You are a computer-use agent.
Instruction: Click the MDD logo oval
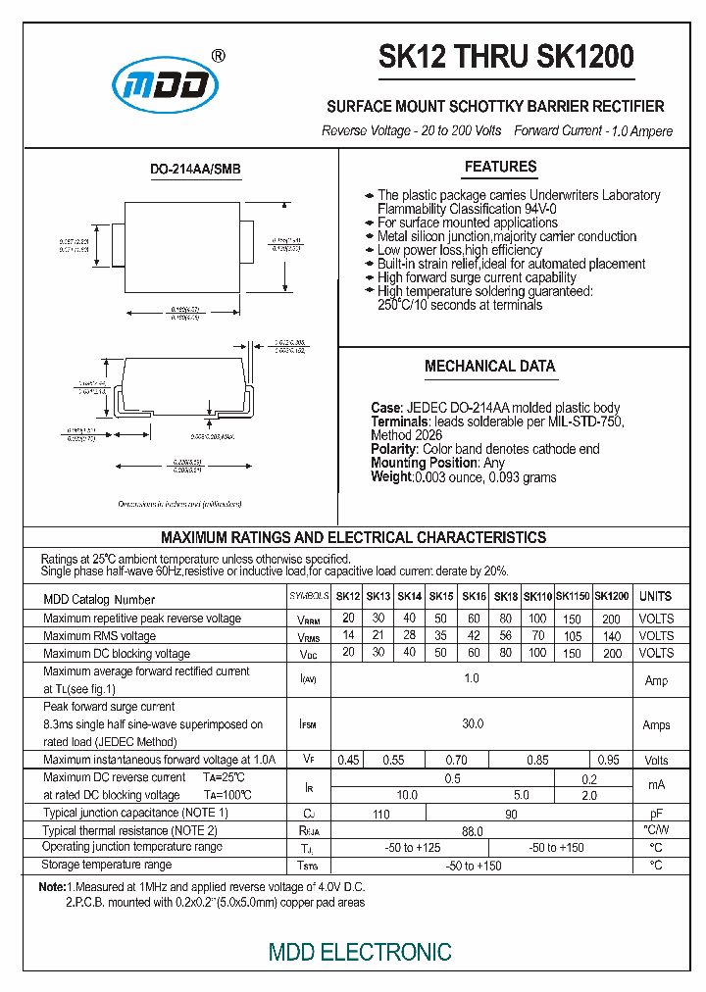coord(164,84)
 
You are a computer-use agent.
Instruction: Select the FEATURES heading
coord(500,167)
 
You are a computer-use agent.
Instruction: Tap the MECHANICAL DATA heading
coord(489,367)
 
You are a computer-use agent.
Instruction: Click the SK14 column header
coord(410,597)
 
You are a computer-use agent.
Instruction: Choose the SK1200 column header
coord(612,597)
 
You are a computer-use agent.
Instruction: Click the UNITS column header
coord(655,597)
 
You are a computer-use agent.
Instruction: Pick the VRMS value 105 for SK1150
coord(573,636)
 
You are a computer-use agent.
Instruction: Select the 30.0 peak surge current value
coord(473,724)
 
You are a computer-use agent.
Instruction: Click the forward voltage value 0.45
coord(347,760)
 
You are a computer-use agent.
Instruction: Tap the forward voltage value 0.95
coord(608,760)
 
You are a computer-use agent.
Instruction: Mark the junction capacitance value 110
coord(381,814)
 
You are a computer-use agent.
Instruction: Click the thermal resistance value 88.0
coord(473,831)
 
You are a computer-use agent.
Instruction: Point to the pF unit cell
coord(655,814)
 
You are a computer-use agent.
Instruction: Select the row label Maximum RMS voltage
coord(100,636)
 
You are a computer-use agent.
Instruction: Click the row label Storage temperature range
coord(107,865)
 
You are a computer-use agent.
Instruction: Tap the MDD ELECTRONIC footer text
coord(360,952)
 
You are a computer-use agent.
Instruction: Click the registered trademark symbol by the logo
coord(218,56)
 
